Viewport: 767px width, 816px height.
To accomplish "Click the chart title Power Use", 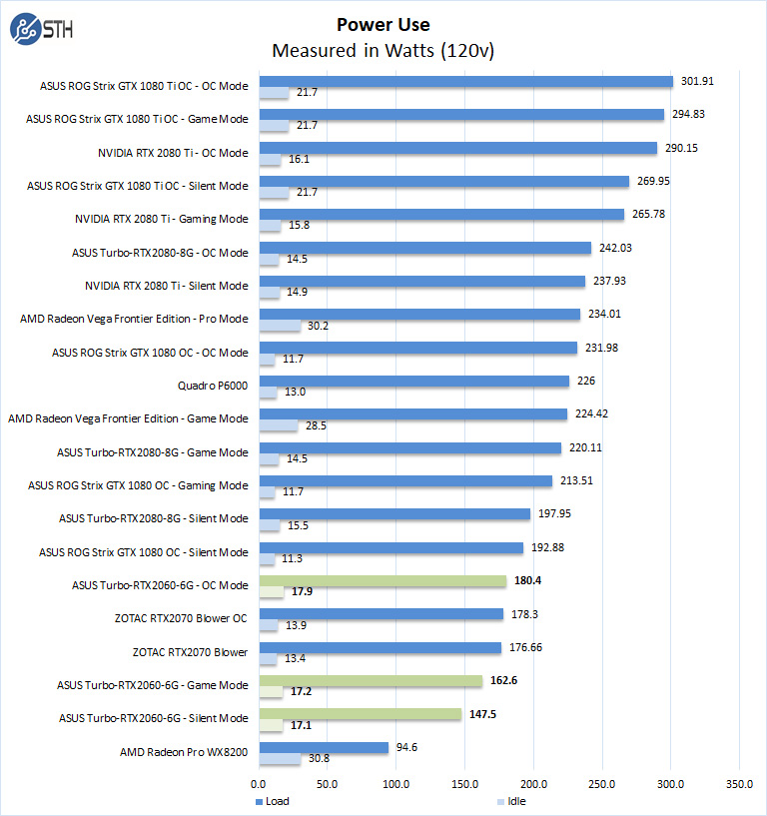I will (x=383, y=24).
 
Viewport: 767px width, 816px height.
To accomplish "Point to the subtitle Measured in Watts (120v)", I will (x=383, y=50).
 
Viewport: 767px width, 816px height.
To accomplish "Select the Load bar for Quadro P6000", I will (x=413, y=381).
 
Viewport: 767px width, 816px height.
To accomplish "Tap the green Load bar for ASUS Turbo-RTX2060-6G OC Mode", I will (x=383, y=581).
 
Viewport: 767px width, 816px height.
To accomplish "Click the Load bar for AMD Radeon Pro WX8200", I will (x=324, y=747).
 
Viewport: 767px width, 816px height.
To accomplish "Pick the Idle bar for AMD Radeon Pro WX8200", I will (x=280, y=759).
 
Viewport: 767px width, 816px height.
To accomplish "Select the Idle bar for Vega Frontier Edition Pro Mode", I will (x=280, y=326).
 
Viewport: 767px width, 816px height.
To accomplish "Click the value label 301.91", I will (x=696, y=81).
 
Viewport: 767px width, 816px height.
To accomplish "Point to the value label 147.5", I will (x=481, y=713).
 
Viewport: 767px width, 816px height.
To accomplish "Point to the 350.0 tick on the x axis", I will (x=739, y=784).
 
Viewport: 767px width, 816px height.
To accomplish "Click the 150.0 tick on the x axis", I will (x=465, y=784).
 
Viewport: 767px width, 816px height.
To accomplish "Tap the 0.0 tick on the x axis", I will (x=259, y=784).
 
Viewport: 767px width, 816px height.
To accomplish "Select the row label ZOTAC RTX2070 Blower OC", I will (x=181, y=618).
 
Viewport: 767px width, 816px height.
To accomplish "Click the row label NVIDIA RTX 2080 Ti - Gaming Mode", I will (x=161, y=219).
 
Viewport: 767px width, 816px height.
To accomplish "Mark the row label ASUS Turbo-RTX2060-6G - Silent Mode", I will (x=153, y=718).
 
